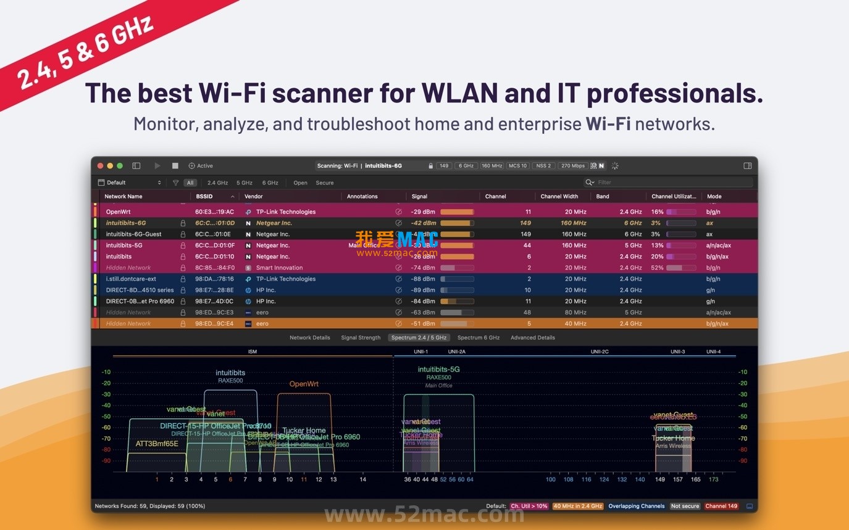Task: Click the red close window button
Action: [x=101, y=166]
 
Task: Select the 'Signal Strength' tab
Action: [x=361, y=337]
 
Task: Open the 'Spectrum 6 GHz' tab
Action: [x=478, y=337]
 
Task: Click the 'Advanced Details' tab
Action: [x=532, y=337]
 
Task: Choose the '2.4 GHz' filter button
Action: [x=217, y=183]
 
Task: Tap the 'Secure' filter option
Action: [x=324, y=183]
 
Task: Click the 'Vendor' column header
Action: [x=254, y=196]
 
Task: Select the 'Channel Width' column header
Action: [x=559, y=196]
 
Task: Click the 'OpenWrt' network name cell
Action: [x=118, y=212]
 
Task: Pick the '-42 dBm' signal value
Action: [x=424, y=223]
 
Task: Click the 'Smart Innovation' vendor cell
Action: [x=279, y=268]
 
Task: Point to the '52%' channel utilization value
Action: [x=657, y=268]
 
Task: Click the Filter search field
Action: [x=673, y=183]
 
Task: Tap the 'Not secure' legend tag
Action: [x=685, y=506]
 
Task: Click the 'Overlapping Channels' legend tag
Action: [x=637, y=506]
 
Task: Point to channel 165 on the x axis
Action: [x=696, y=479]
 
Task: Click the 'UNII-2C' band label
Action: [x=599, y=352]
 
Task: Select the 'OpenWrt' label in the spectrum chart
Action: [x=304, y=384]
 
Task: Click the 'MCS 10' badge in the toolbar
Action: [x=517, y=166]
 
